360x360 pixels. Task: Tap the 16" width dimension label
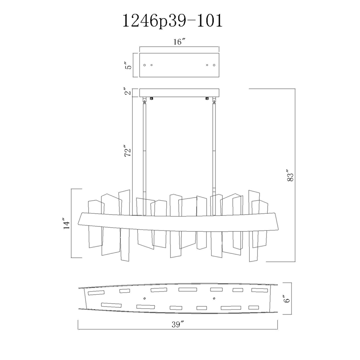179,42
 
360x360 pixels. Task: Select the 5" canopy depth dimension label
129,65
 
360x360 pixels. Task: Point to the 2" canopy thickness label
129,91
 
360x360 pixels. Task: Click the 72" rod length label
128,151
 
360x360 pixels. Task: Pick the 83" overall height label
290,175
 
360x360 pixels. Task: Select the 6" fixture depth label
287,298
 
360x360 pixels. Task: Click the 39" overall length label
178,324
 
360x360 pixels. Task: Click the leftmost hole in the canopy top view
144,65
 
